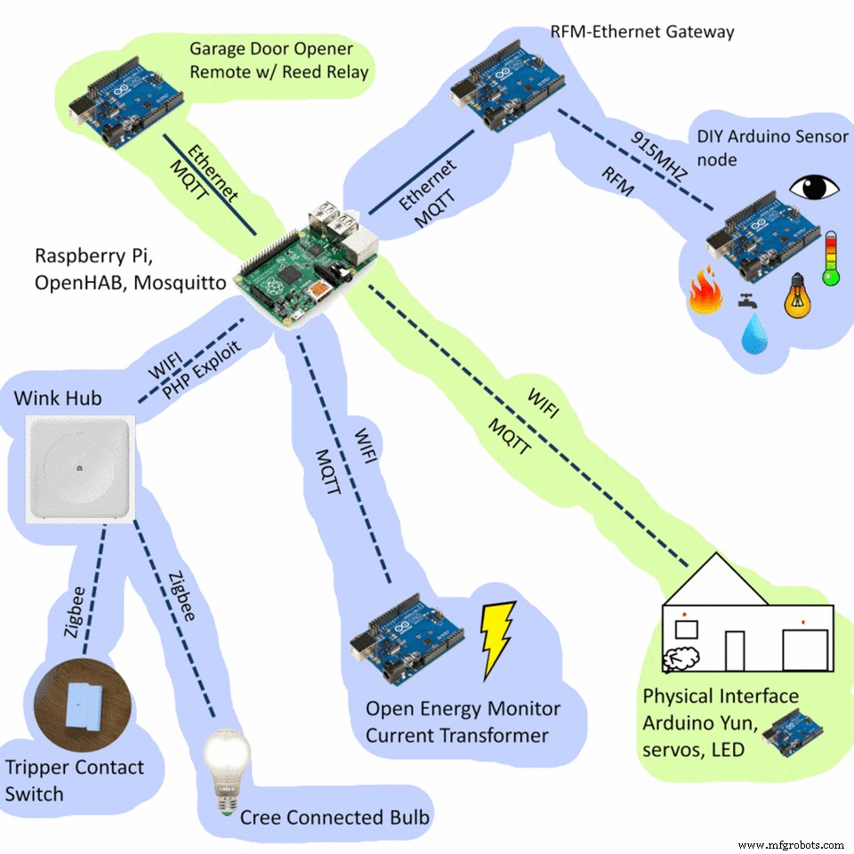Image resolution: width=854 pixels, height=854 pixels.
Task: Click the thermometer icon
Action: [831, 258]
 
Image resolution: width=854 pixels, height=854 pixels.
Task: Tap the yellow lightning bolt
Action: [495, 640]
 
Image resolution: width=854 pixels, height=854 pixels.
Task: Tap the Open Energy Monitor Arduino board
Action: [406, 632]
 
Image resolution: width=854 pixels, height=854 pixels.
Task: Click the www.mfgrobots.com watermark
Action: [791, 843]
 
